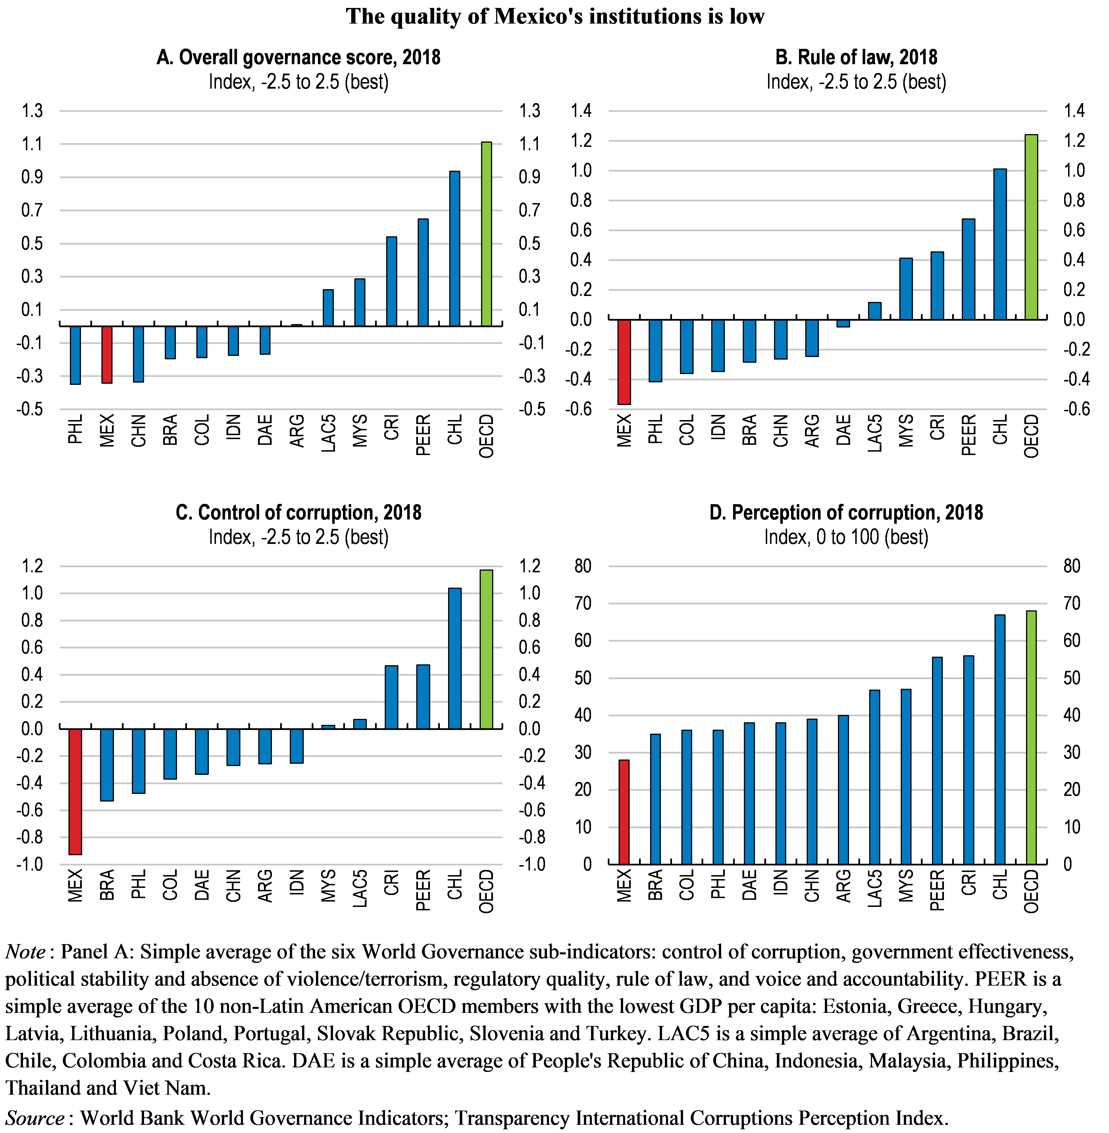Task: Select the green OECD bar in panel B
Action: coord(1031,227)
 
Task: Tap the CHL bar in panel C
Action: coord(455,658)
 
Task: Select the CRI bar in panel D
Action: coord(969,760)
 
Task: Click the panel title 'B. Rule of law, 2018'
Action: coord(856,57)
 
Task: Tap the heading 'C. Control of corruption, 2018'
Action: coord(298,512)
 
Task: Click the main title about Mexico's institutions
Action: coord(555,16)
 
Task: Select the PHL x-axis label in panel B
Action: coord(655,429)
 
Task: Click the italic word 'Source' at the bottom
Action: coord(35,1118)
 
